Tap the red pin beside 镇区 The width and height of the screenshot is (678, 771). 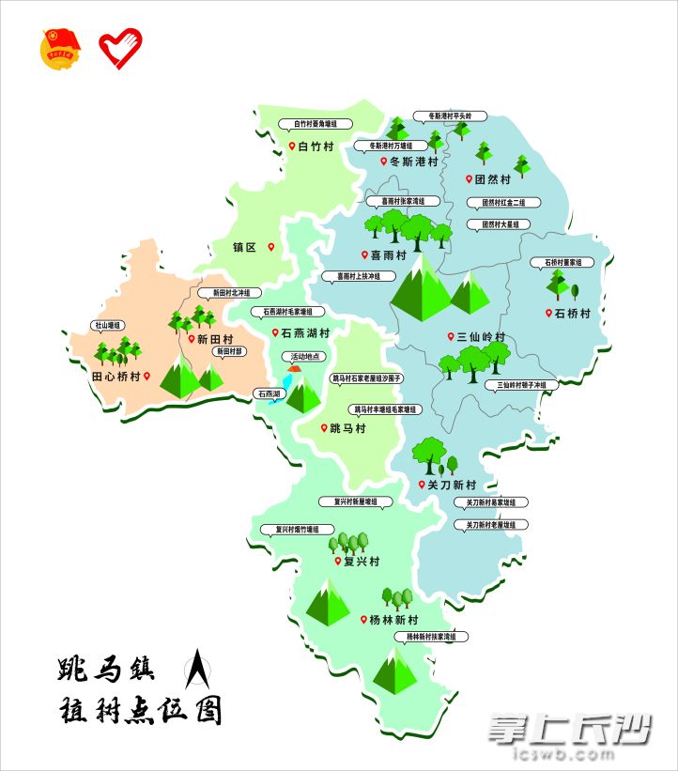coord(271,247)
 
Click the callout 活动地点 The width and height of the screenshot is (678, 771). coord(305,357)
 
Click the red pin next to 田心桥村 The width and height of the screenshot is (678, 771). coord(146,376)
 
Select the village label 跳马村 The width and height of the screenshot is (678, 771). coord(347,428)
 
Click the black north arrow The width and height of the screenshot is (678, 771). coord(198,671)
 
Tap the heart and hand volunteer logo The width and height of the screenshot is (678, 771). coord(121,49)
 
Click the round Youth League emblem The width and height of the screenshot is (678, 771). coord(60,49)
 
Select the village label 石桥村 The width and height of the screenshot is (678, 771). coord(572,314)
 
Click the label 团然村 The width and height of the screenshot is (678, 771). coord(492,178)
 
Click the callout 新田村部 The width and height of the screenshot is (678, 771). coord(229,351)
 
